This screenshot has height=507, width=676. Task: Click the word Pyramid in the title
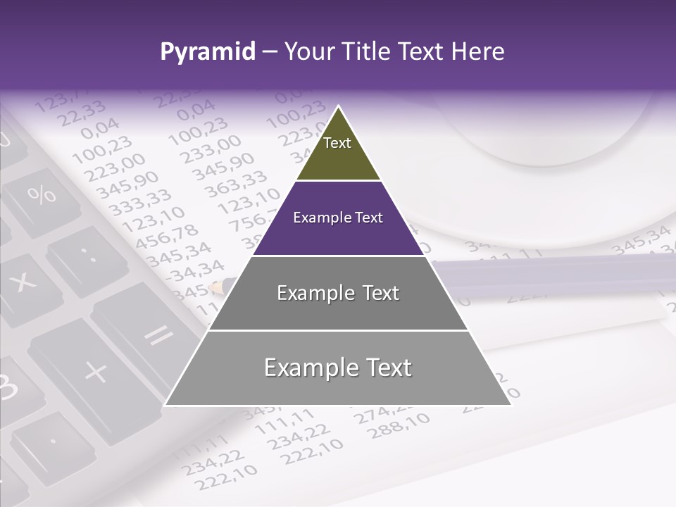[x=208, y=52]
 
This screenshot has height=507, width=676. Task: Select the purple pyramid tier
[x=338, y=218]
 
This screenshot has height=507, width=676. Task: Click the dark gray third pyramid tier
[x=338, y=293]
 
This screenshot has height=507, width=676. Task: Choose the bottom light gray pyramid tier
[x=338, y=368]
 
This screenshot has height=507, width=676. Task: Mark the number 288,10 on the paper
[x=399, y=425]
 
